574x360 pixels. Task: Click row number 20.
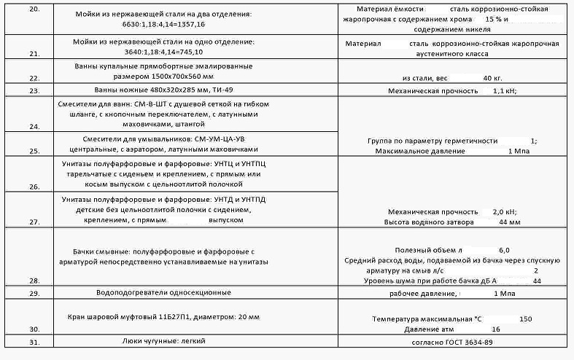[x=34, y=9]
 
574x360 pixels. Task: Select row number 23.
[x=34, y=91]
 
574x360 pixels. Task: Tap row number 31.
[x=34, y=341]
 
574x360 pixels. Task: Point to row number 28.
[x=34, y=281]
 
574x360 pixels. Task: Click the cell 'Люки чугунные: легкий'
[x=163, y=340]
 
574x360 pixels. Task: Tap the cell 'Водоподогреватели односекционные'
[x=163, y=292]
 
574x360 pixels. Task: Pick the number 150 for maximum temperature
[x=525, y=319]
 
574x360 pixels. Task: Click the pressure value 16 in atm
[x=496, y=329]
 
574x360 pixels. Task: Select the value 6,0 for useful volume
[x=504, y=249]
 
